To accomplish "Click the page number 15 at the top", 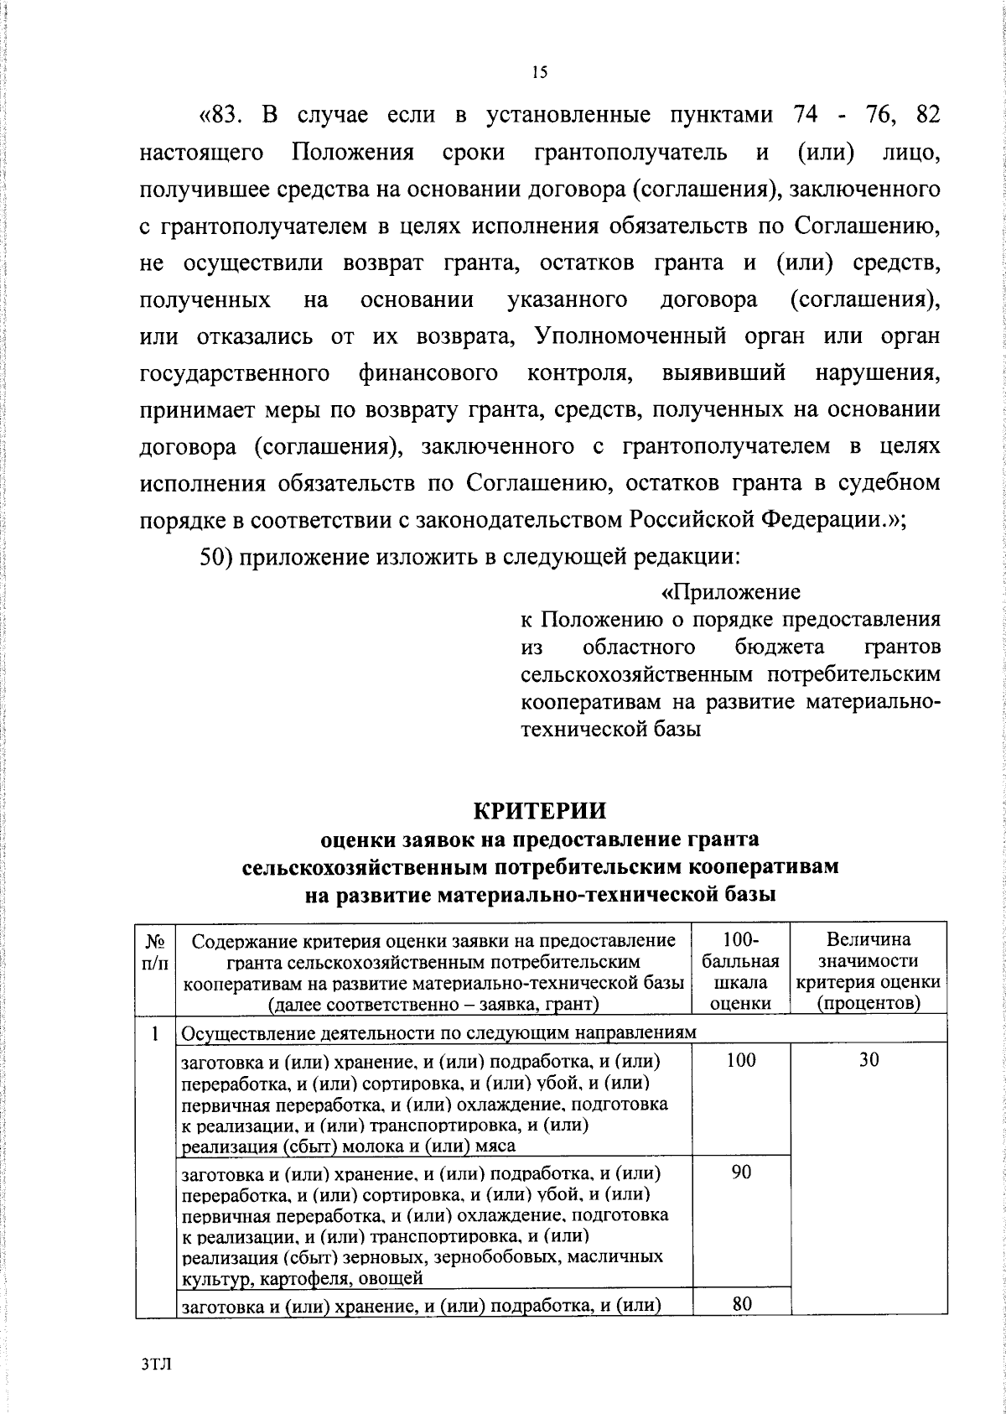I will pos(539,73).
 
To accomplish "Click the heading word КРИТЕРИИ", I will pos(539,811).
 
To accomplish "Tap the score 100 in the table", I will pos(740,1060).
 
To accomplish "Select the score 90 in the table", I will pos(740,1172).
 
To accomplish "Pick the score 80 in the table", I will pos(740,1303).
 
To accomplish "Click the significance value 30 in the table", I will pos(869,1060).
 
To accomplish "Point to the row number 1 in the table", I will pos(156,1033).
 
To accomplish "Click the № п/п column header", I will pos(156,950).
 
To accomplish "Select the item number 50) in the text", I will pos(216,556).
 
